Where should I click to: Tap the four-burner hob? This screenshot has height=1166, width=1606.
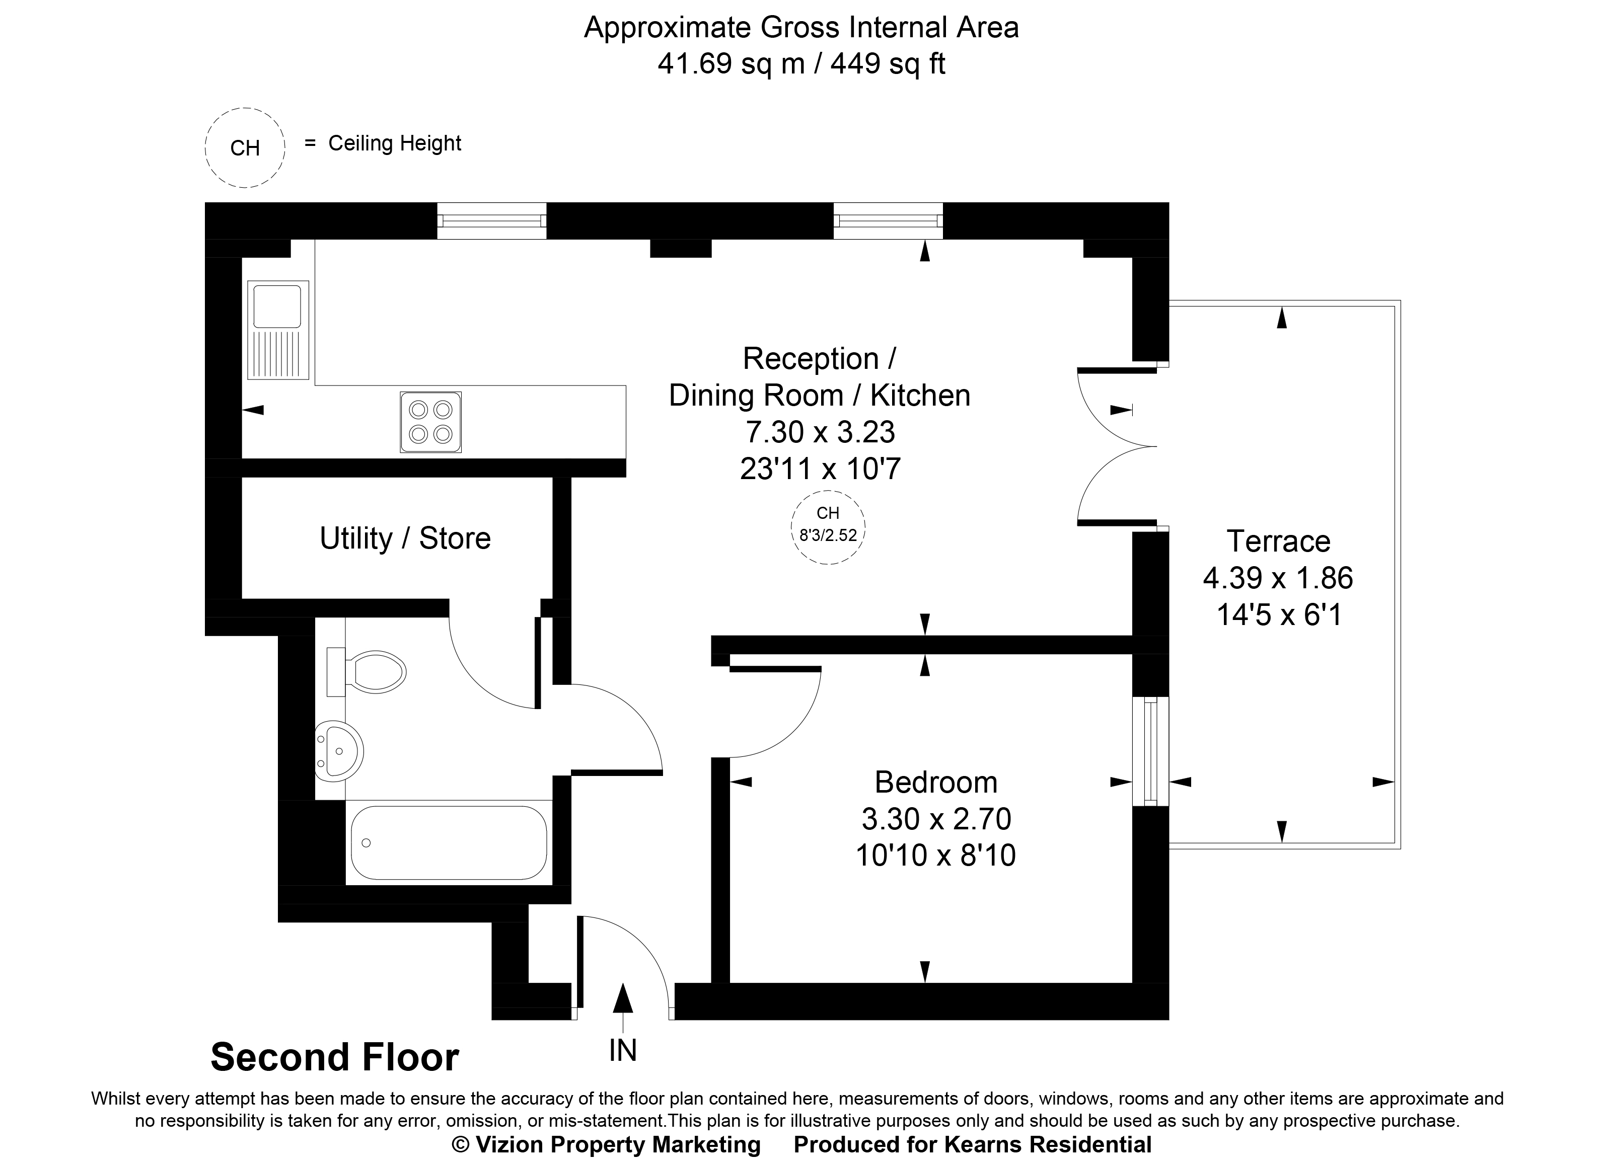430,422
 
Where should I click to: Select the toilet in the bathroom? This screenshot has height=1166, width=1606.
375,672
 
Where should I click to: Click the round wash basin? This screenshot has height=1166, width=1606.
340,751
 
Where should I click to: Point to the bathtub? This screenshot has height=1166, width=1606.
448,842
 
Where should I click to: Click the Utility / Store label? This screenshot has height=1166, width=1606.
405,539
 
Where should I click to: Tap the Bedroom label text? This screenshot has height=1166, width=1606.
935,783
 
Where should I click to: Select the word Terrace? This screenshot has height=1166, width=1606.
1278,541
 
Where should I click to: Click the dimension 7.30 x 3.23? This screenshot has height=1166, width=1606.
820,432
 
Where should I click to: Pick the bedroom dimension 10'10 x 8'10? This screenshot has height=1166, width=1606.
935,856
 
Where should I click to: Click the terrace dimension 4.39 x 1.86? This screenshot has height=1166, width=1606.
1278,578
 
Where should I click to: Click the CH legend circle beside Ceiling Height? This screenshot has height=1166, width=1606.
245,148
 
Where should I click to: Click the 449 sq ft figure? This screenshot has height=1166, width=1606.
888,64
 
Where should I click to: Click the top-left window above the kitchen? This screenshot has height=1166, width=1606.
491,220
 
